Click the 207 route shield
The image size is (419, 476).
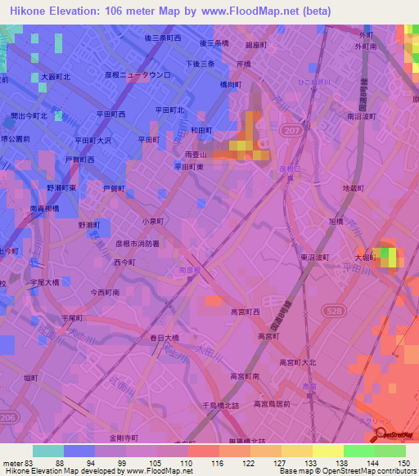294,130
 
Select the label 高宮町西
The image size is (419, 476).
244,312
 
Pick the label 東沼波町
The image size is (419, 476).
313,257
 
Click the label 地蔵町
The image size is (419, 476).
353,188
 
